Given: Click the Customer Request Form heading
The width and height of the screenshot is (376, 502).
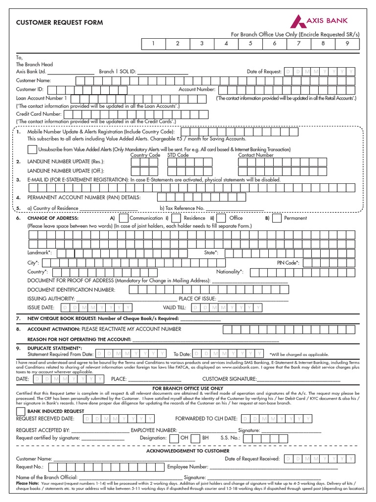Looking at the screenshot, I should (x=60, y=23).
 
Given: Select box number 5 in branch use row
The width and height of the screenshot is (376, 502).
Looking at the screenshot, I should (x=250, y=44).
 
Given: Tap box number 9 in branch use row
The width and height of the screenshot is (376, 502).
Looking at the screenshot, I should (x=347, y=44).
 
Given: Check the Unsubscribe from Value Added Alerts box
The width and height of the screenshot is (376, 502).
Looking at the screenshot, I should (x=32, y=149).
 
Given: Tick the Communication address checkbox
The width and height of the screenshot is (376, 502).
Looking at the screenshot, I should (x=124, y=218).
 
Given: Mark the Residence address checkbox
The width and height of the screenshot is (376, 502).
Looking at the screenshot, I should (x=177, y=218).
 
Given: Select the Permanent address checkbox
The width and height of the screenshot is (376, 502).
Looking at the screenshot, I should (x=277, y=218).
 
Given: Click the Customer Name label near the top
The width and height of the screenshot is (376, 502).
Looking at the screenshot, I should (x=33, y=80).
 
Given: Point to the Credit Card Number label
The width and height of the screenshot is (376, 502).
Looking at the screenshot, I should (x=39, y=114).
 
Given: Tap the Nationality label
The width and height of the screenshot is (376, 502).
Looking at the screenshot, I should (x=230, y=272).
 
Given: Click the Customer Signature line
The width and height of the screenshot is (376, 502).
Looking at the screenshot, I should (x=299, y=379).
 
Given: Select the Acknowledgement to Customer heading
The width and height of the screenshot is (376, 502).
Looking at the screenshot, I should (x=188, y=451).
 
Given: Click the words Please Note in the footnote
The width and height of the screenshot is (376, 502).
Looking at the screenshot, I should (x=26, y=482).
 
